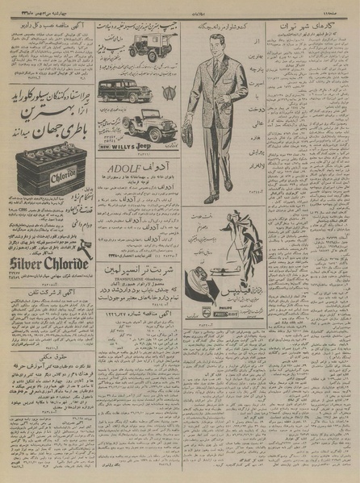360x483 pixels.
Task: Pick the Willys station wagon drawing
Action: (x=124, y=90)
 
